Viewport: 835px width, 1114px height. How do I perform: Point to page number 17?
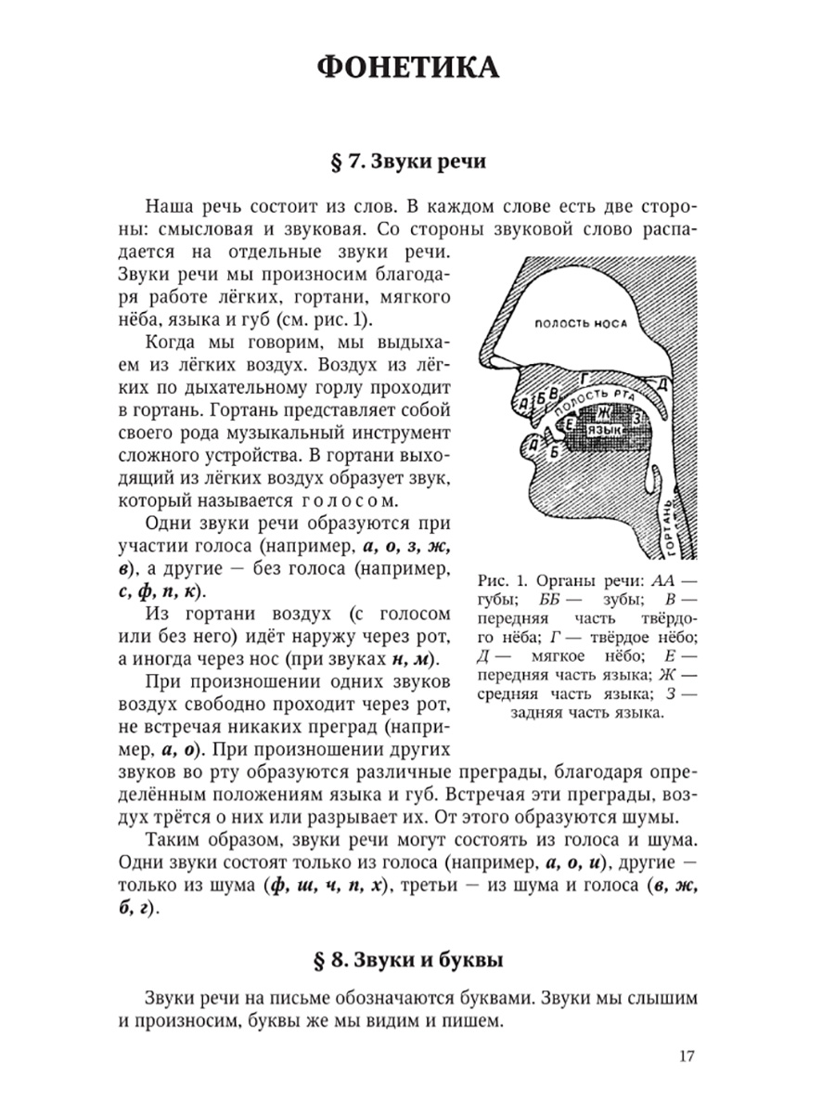coord(687,1056)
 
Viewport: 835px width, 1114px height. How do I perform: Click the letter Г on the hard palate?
coord(584,377)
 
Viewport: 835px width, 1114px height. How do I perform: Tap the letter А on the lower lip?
coord(525,454)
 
